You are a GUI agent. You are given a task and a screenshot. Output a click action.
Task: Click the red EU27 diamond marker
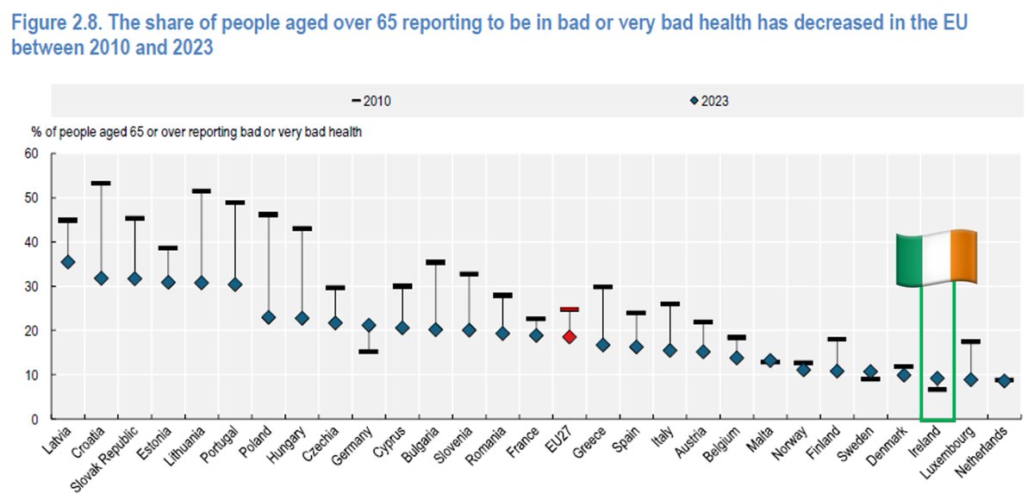click(x=569, y=337)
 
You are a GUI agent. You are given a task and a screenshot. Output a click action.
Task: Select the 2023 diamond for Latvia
click(x=69, y=262)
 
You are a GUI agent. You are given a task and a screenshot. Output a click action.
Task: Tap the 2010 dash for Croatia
click(x=102, y=183)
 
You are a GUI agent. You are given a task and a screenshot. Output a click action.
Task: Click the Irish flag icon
click(x=936, y=258)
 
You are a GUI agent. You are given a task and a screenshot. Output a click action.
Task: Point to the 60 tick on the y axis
click(x=34, y=153)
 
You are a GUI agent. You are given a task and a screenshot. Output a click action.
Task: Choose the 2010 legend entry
click(x=371, y=101)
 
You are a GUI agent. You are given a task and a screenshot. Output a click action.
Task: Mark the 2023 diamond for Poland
click(x=268, y=317)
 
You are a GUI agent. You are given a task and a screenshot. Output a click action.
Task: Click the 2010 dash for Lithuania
click(x=202, y=191)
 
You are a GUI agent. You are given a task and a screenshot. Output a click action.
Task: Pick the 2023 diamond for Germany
click(x=369, y=325)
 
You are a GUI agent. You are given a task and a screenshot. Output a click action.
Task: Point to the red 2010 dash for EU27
click(x=569, y=309)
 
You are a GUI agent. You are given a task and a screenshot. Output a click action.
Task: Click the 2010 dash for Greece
click(x=602, y=286)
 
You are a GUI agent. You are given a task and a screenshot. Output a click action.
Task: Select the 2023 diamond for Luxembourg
click(x=970, y=379)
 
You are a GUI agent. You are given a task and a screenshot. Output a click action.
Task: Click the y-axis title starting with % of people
click(x=196, y=132)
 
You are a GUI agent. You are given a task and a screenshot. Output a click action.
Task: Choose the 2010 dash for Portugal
click(x=235, y=203)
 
